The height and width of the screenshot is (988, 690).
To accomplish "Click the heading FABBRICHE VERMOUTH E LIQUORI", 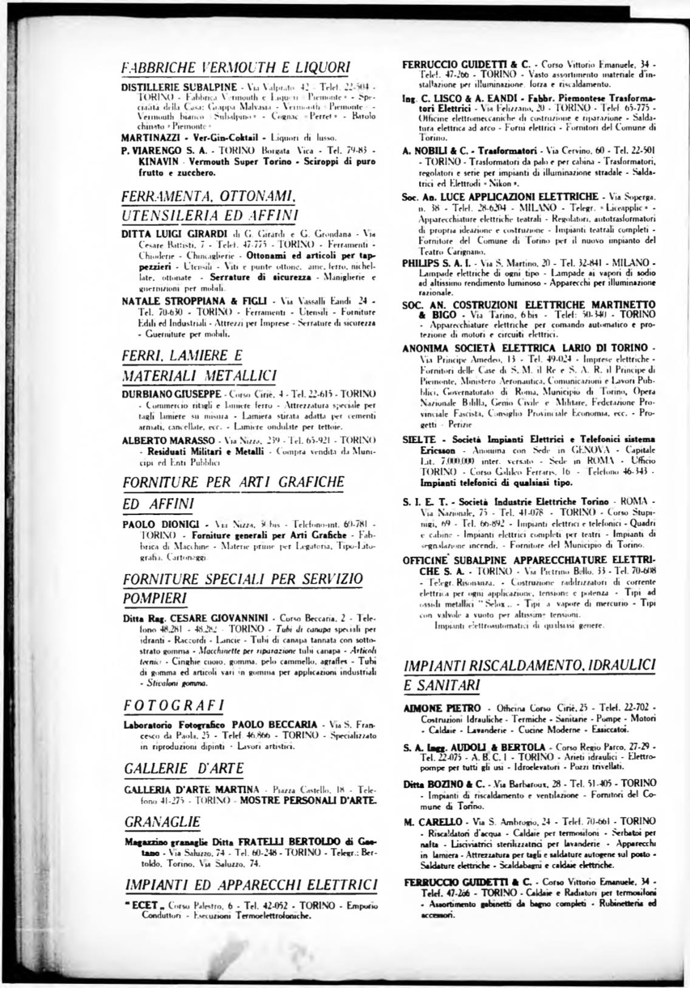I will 236,67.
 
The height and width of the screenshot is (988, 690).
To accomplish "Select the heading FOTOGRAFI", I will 174,705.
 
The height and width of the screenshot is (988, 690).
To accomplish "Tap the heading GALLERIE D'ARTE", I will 183,769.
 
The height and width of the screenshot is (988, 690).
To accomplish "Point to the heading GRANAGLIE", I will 162,822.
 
